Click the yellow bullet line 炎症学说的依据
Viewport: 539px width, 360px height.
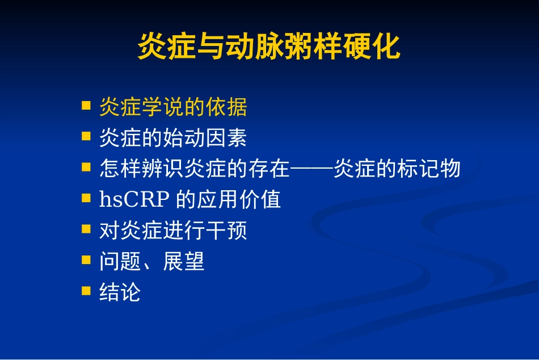click(x=173, y=107)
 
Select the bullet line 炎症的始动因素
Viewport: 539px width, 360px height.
click(x=173, y=137)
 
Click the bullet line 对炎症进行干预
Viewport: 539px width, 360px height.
click(x=173, y=231)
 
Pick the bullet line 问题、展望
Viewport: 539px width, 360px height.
click(x=151, y=261)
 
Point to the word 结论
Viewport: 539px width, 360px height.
click(x=120, y=292)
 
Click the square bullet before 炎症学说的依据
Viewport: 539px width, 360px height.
click(x=86, y=106)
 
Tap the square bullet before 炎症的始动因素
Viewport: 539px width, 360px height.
click(x=86, y=136)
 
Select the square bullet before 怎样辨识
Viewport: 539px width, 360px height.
click(x=86, y=167)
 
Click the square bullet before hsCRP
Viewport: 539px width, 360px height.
click(x=86, y=198)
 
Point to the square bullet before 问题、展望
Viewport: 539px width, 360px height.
click(x=86, y=260)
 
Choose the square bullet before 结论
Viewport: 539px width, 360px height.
click(x=86, y=291)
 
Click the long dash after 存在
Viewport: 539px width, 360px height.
click(x=311, y=169)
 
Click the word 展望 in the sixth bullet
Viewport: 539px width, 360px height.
click(x=184, y=261)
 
